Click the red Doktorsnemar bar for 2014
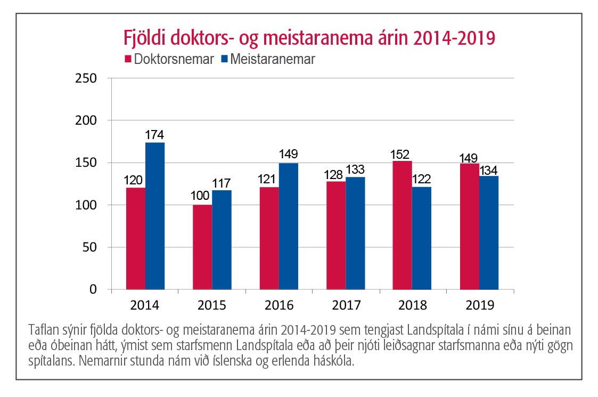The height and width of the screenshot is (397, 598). pos(135,238)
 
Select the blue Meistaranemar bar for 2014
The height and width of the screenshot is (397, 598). pos(155,216)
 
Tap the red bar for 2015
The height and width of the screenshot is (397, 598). pos(202,247)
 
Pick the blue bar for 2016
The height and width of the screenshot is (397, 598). pos(289,226)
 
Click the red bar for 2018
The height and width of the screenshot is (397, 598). pos(402,225)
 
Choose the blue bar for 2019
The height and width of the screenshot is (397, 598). pos(489,233)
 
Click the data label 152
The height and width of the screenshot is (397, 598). pos(402,154)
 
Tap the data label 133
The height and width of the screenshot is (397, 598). pos(356,170)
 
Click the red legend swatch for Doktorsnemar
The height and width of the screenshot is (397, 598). pos(128,59)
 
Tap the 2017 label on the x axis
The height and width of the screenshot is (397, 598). pos(346,306)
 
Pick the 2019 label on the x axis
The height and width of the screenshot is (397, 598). pos(479,306)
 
